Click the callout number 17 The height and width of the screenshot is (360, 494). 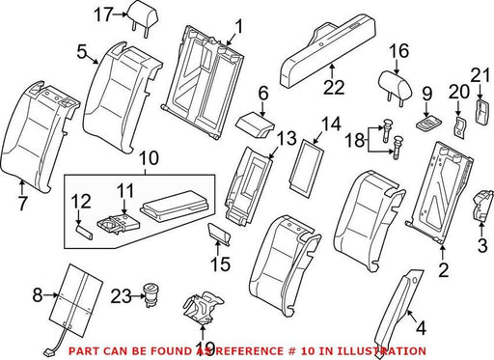tap(103, 14)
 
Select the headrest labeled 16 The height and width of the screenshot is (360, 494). tap(393, 87)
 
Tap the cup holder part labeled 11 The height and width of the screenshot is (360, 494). tap(119, 224)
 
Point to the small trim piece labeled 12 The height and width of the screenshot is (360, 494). tap(85, 233)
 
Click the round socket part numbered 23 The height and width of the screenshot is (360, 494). tap(151, 293)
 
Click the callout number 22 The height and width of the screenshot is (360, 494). tap(334, 87)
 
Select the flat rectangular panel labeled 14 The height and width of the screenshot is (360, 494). tap(306, 168)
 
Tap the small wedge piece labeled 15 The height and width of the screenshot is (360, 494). tap(220, 235)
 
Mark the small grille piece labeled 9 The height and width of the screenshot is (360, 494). tap(427, 124)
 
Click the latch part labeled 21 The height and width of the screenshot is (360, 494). tap(482, 112)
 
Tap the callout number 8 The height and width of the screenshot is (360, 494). tap(38, 294)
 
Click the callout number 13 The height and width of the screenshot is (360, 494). tap(287, 139)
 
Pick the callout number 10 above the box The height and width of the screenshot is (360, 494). tap(149, 158)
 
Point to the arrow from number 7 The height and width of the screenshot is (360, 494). tap(22, 187)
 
